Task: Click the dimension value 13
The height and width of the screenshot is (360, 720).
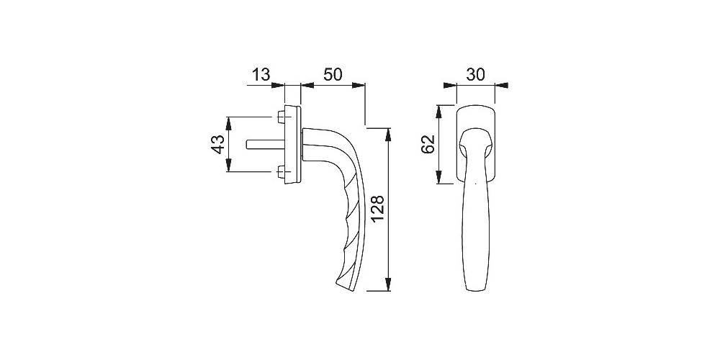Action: [260, 75]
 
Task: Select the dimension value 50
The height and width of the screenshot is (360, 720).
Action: [332, 75]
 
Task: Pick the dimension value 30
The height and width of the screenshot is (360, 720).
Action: [476, 75]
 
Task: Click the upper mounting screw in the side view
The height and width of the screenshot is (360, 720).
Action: [280, 117]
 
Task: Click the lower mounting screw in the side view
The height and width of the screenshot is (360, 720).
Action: [280, 171]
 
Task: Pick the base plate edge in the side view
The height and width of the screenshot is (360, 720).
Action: [292, 144]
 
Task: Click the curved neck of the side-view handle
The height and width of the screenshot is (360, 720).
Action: [335, 140]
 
